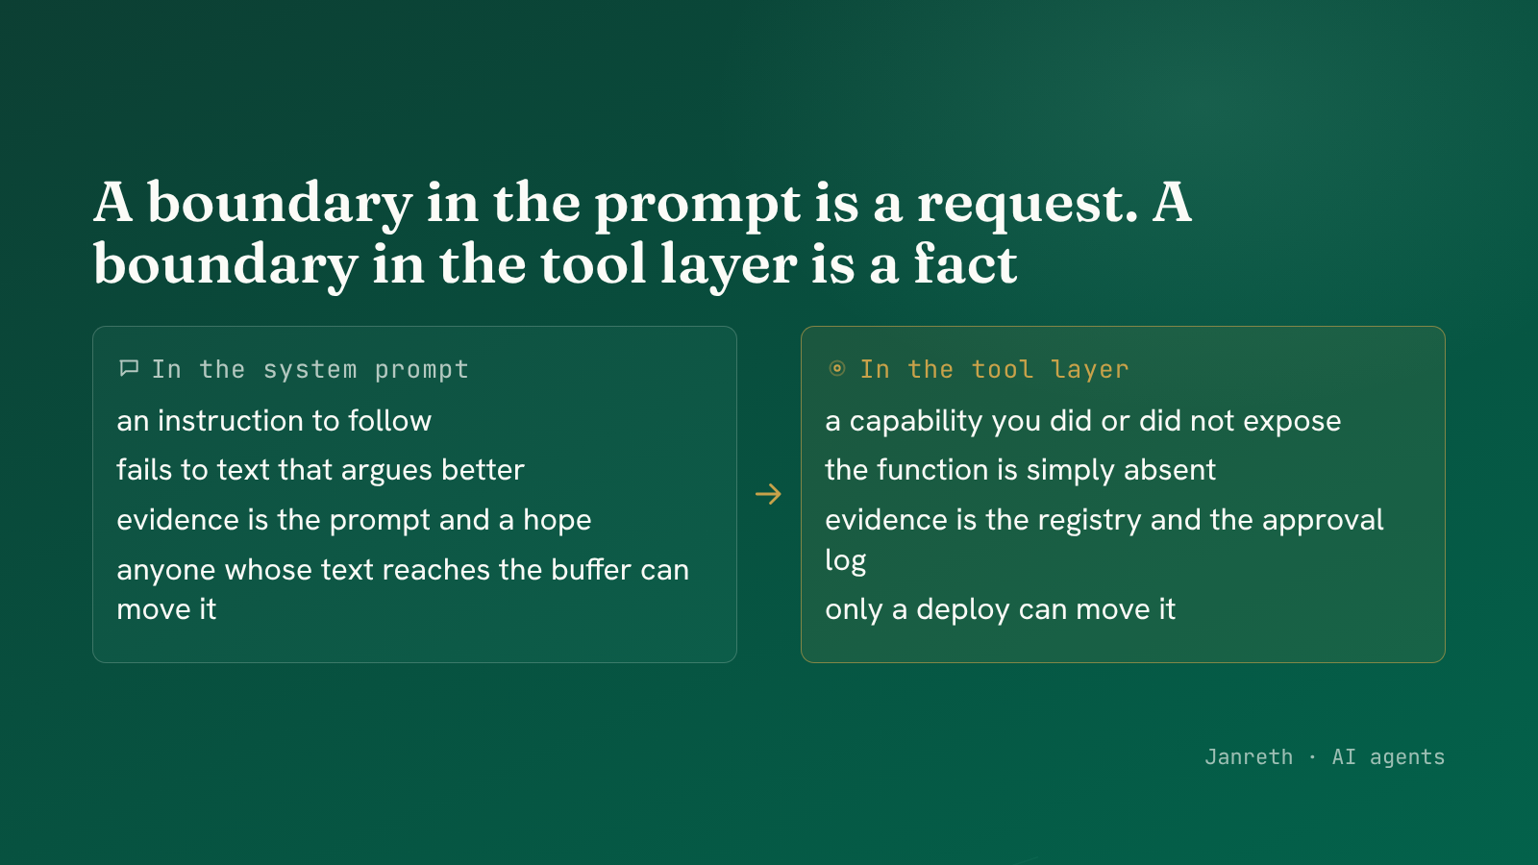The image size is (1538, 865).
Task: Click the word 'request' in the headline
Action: click(1028, 205)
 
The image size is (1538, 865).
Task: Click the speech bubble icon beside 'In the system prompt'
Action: click(129, 369)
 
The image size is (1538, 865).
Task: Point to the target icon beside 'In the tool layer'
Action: click(837, 369)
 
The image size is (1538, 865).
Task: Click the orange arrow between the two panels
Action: click(768, 494)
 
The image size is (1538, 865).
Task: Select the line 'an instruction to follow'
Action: click(274, 420)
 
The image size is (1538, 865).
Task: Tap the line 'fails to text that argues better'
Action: click(321, 470)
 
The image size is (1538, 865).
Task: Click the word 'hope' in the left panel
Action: click(557, 521)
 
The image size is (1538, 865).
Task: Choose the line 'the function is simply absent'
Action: click(1020, 470)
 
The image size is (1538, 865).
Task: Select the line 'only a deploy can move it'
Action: click(1001, 609)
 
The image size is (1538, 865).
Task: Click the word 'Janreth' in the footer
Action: click(1249, 757)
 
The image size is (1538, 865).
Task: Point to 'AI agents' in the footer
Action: click(1388, 757)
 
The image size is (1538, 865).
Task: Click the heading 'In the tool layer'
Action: click(995, 369)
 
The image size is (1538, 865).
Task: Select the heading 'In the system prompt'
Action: click(310, 370)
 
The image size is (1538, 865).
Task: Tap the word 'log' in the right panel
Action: click(845, 561)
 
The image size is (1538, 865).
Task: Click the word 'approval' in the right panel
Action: click(1323, 521)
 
